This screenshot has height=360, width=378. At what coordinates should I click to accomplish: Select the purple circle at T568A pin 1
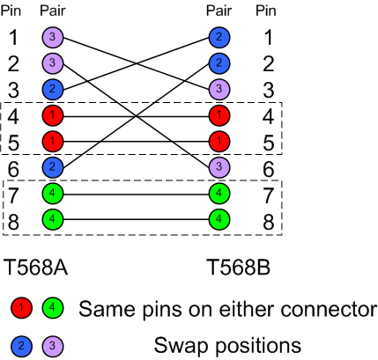51,38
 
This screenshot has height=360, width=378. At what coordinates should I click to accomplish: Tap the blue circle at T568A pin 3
51,89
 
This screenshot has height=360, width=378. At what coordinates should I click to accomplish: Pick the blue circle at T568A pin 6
51,166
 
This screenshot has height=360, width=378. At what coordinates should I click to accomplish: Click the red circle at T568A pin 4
51,115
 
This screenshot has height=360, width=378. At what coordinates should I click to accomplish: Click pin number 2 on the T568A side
13,63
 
